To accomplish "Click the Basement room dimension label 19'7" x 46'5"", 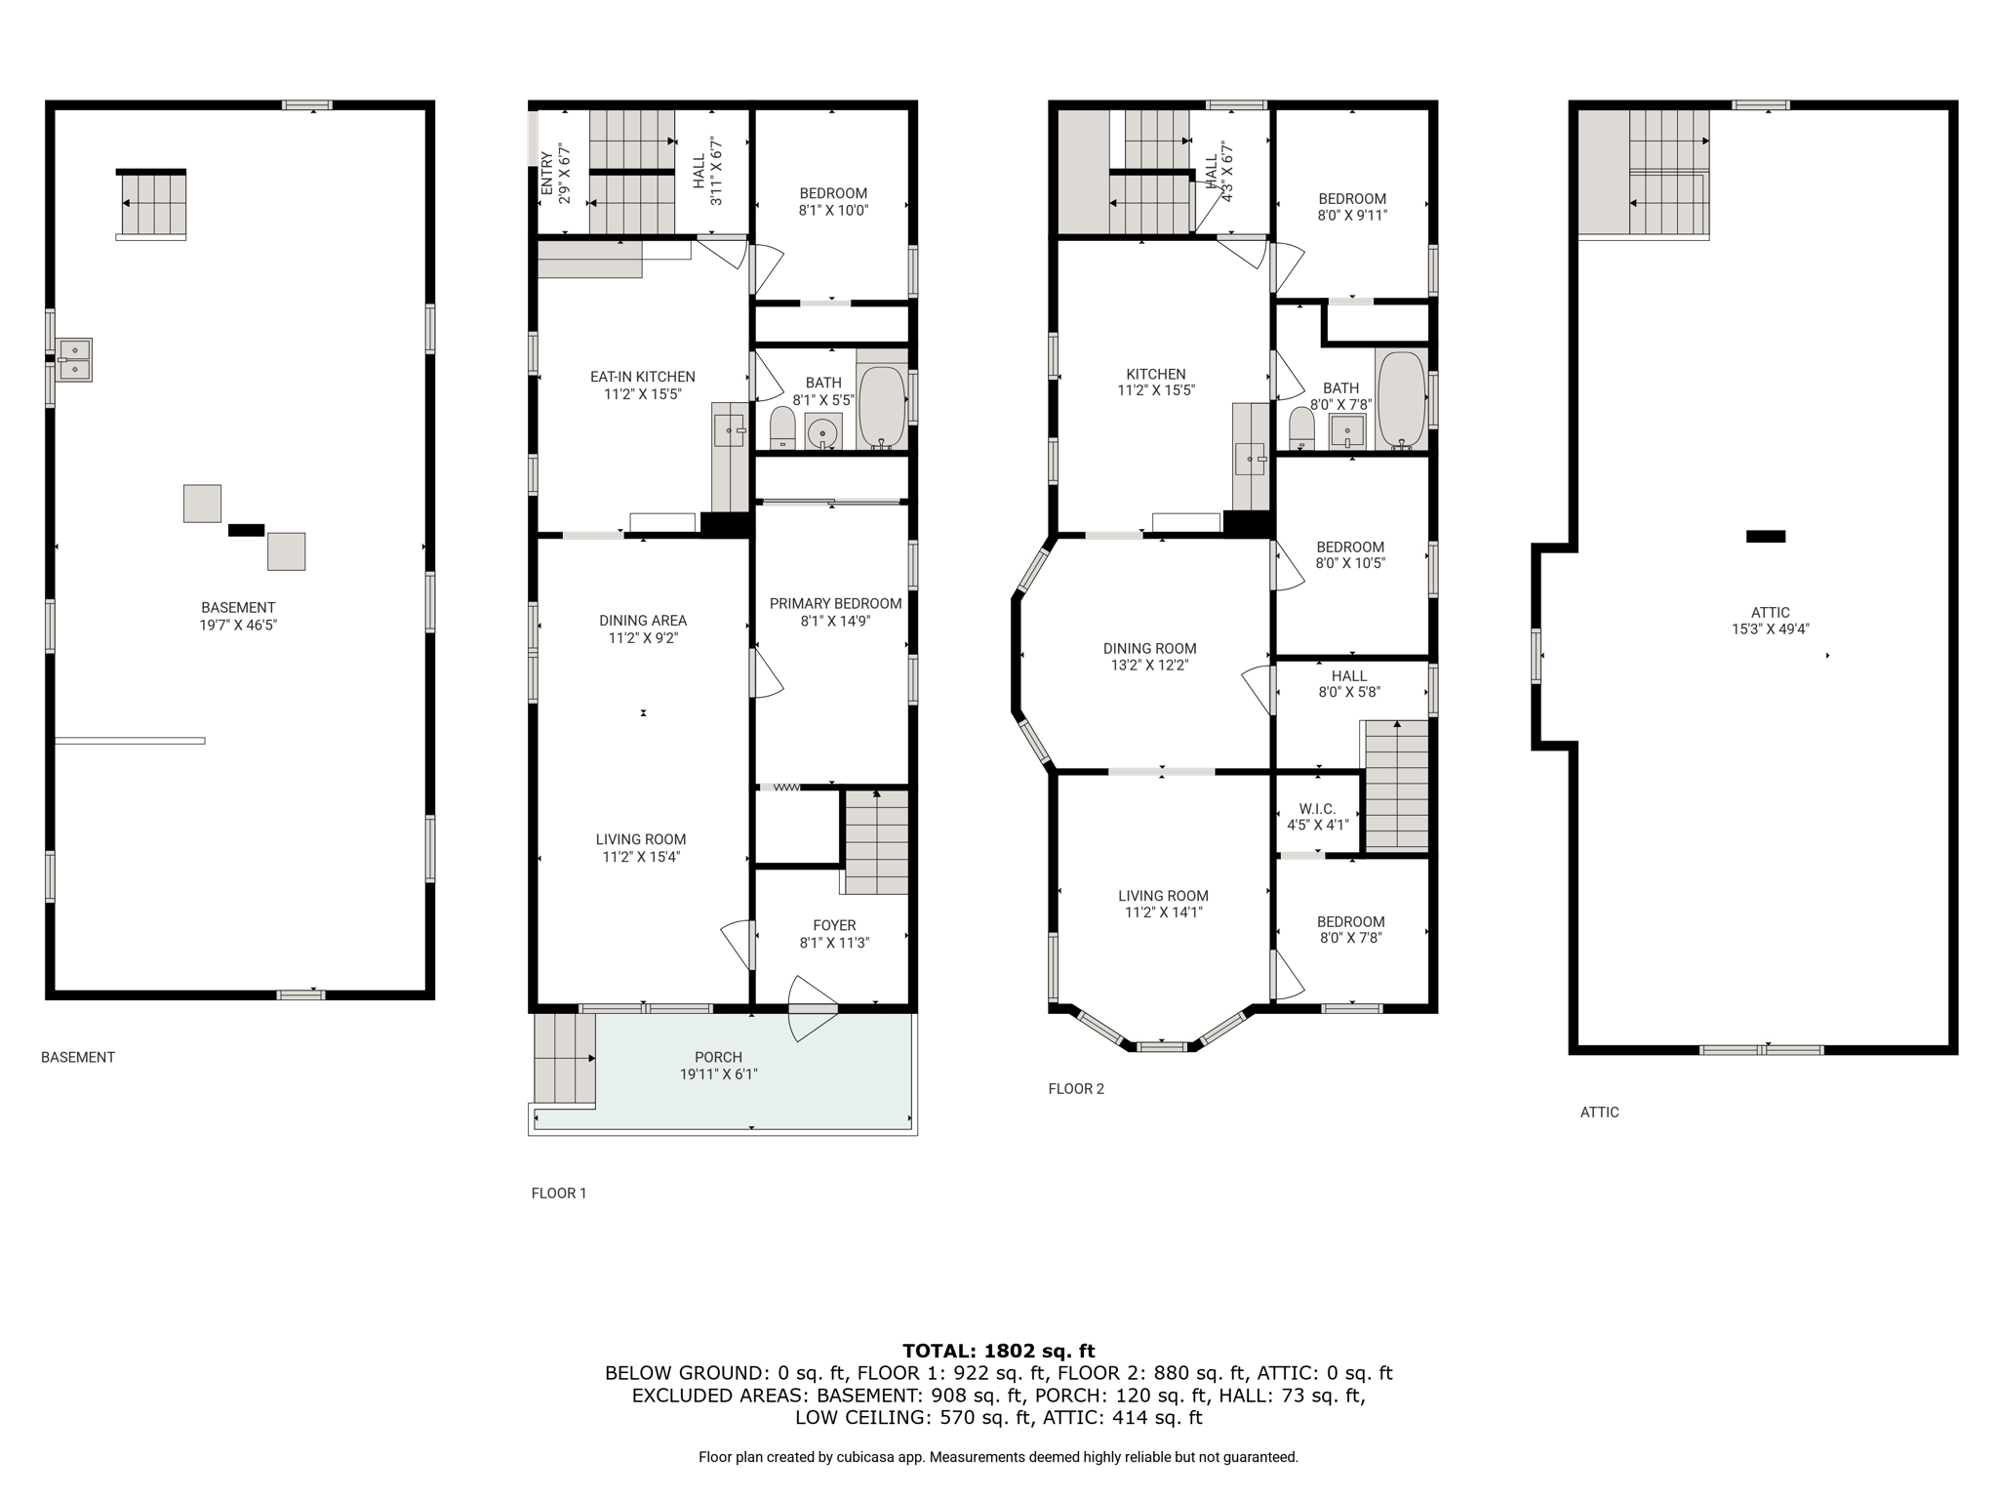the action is point(238,625).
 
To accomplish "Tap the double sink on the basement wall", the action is point(74,360).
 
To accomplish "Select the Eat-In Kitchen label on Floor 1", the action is point(643,377).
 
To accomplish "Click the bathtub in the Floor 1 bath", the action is point(882,407).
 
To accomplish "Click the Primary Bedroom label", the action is point(835,604).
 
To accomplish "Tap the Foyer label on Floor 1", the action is point(834,925).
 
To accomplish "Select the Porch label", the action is point(719,1057).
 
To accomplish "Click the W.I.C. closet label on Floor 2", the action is point(1317,809).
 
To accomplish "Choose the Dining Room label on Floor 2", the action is point(1149,648).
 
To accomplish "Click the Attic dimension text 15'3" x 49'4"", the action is point(1771,629).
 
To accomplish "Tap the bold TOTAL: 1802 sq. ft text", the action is point(999,1351).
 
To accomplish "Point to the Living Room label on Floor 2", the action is point(1163,896).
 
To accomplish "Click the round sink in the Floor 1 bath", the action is point(823,431).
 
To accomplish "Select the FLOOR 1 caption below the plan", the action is point(559,1193).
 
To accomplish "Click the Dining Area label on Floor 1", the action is point(643,621).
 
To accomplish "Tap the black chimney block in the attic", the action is point(1766,536).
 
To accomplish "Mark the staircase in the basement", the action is point(151,204).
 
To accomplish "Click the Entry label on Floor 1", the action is point(547,174).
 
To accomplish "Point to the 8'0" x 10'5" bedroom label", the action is point(1350,563).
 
